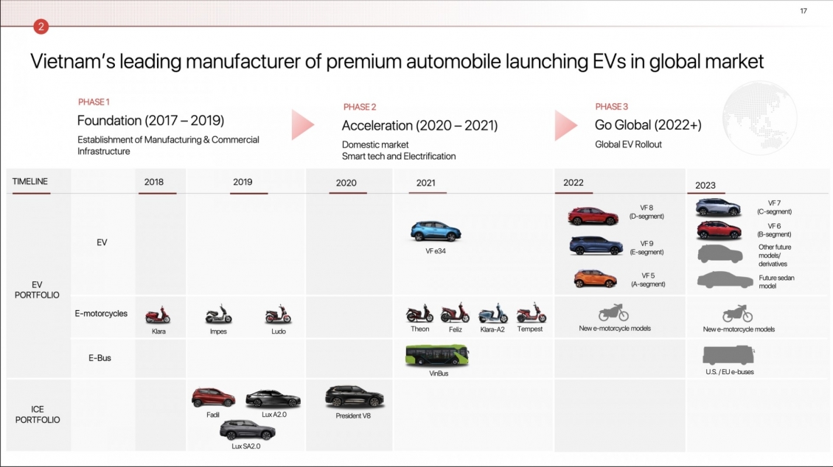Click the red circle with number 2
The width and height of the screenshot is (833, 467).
click(x=41, y=26)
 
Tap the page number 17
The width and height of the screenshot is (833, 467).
click(x=804, y=10)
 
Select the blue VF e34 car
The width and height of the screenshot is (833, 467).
click(x=436, y=231)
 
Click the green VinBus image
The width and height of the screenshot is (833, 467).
click(x=437, y=356)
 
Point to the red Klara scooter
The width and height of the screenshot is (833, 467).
click(x=158, y=315)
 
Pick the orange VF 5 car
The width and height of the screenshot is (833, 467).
click(x=596, y=278)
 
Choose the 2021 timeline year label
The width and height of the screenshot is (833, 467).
click(x=425, y=183)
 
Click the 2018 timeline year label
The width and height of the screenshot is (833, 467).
click(x=154, y=182)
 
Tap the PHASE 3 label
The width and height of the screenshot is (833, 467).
click(x=611, y=107)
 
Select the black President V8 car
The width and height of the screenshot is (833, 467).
click(x=355, y=397)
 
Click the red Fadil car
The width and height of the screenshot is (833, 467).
click(x=214, y=398)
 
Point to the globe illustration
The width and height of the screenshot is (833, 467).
click(x=760, y=118)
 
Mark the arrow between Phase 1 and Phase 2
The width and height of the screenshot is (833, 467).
click(x=303, y=124)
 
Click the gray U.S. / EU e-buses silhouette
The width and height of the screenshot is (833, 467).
click(x=728, y=354)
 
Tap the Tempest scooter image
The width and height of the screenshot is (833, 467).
click(x=531, y=313)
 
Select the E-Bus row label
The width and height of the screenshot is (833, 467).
click(x=100, y=358)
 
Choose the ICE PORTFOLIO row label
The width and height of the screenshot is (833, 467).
click(x=38, y=415)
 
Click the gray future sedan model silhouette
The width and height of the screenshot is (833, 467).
click(x=725, y=280)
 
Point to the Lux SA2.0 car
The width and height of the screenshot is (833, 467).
click(x=248, y=430)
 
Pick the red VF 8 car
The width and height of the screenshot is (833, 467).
click(x=593, y=216)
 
